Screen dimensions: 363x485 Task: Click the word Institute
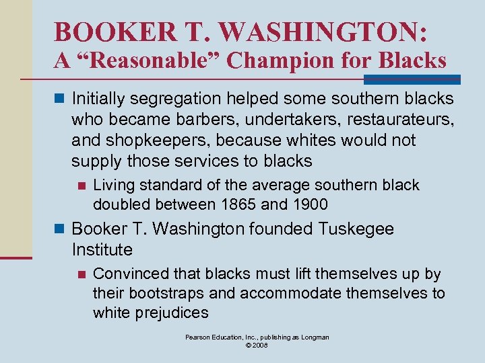pyautogui.click(x=102, y=250)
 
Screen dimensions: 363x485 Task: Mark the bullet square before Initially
pyautogui.click(x=60, y=99)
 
